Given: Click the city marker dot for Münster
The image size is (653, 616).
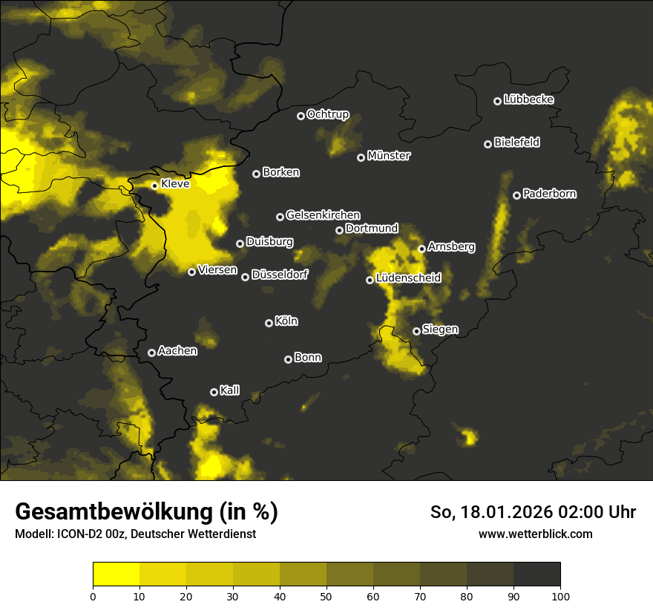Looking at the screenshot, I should click(361, 157).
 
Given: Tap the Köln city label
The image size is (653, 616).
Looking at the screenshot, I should click(286, 321).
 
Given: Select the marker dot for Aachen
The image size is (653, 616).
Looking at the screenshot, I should click(151, 353).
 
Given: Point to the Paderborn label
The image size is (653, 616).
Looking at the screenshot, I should click(549, 194).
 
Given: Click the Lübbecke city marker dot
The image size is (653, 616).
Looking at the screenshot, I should click(497, 101).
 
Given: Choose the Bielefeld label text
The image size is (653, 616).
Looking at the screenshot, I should click(516, 142).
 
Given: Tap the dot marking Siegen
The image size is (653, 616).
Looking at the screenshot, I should click(416, 331).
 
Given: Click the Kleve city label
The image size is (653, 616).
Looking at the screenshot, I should click(175, 183).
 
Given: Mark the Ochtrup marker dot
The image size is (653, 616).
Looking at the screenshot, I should click(301, 116).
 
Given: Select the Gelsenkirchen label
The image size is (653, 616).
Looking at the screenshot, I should click(323, 214).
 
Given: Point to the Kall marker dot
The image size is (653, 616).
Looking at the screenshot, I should click(214, 392).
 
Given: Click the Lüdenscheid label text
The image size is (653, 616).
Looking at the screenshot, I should click(408, 278).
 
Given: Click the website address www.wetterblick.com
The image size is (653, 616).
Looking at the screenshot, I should click(535, 534).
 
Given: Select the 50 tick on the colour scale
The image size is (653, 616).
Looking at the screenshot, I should click(326, 595).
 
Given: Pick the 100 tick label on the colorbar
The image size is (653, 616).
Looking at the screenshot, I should click(560, 595).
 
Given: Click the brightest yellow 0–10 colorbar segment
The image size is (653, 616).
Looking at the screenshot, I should click(116, 574).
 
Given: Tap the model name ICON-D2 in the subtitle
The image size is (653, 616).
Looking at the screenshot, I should click(76, 534).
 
